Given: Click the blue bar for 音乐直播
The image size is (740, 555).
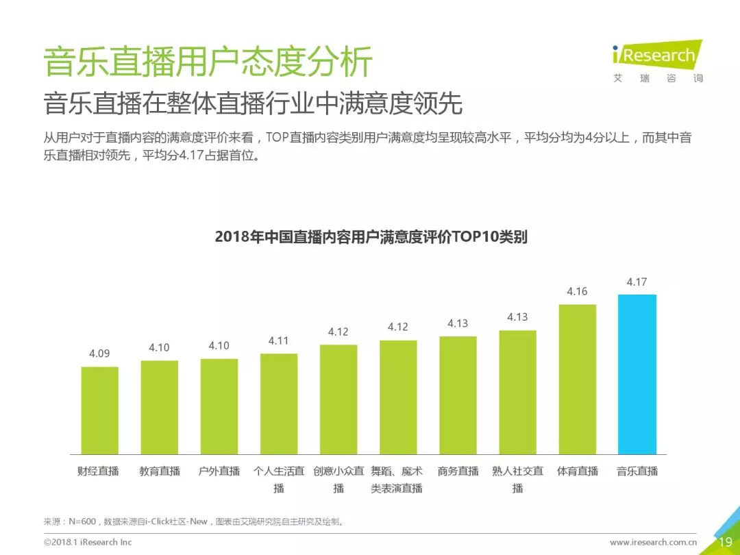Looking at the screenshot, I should coord(637,374).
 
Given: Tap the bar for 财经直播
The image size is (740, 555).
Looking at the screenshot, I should coord(99,410).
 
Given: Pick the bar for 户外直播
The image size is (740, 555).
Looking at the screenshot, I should coord(219,406).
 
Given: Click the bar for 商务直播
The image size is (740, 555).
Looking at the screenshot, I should coord(458,395).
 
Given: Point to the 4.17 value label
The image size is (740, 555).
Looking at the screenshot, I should coord(637,282).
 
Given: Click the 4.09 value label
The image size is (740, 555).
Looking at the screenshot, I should coord(99,354).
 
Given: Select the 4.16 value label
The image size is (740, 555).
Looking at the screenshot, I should coord(577,291).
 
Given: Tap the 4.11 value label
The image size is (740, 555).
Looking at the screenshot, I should coord(278,341).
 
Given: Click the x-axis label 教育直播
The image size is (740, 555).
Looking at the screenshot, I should coord(160,471).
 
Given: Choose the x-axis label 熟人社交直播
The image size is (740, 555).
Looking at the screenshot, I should coord(517,480).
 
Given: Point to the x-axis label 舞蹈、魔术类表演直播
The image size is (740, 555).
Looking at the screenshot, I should coord(397,480).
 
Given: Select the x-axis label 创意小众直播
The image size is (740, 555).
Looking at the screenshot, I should coord(338,480).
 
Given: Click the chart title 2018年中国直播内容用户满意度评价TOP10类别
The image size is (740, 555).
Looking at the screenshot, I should coord(371,237).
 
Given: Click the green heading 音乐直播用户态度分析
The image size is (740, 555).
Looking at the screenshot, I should coord(208,62).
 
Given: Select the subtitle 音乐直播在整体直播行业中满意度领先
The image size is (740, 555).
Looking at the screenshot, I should coord(253,104).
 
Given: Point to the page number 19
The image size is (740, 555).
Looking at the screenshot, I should coord(725,542).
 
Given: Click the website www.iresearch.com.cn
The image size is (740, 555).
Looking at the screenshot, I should coord(653,542).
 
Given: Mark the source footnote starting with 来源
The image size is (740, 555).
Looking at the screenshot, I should coord(193,522).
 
